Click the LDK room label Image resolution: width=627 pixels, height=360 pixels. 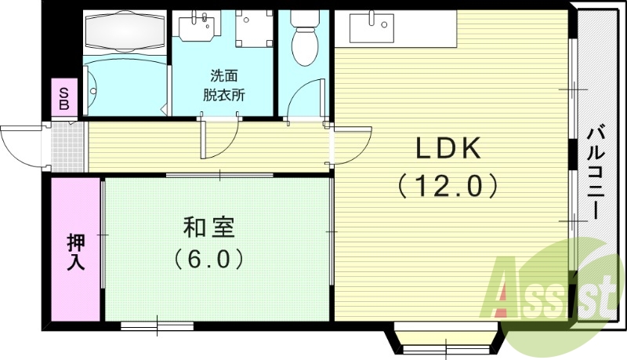point(447,147)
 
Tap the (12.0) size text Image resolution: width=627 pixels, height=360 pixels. point(447,186)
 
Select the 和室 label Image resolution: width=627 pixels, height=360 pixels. point(209,227)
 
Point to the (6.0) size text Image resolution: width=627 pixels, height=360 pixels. point(209,258)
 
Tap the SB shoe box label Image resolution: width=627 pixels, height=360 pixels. point(64,98)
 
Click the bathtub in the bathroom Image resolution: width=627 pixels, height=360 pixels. point(125,31)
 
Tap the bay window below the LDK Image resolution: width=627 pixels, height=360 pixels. point(444,339)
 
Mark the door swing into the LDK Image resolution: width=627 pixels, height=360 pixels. point(351,146)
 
